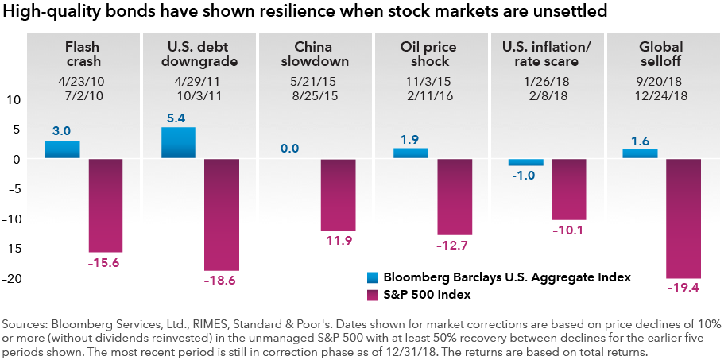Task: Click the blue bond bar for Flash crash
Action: (62, 149)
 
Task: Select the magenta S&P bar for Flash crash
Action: (105, 205)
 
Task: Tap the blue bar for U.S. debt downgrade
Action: (178, 142)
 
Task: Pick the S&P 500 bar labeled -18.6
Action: (221, 215)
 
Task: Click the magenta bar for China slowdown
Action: (338, 195)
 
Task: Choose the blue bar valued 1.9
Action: (411, 153)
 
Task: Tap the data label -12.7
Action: (454, 246)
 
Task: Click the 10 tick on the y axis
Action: (14, 100)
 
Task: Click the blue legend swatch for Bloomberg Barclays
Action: (370, 277)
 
